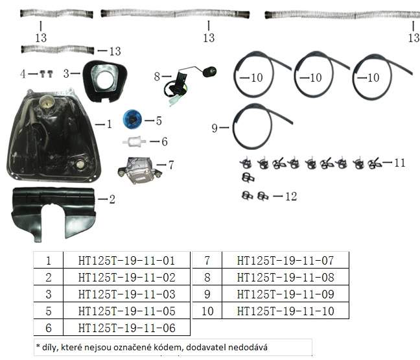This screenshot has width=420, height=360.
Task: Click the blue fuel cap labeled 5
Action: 132,119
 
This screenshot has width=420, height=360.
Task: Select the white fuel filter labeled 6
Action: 134,141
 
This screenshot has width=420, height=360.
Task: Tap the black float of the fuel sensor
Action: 209,71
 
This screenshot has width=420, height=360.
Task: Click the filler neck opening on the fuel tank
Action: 47,102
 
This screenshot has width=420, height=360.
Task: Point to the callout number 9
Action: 215,128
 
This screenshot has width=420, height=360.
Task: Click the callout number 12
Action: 291,197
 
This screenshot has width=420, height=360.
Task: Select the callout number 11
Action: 400,163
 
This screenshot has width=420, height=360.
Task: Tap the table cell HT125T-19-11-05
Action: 126,311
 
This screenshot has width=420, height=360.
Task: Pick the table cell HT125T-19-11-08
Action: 286,278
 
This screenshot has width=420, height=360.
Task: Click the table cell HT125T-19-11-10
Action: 286,311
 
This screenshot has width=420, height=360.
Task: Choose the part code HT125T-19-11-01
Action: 126,261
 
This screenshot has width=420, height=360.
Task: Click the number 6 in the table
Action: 49,328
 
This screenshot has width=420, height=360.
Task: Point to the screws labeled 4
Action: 46,74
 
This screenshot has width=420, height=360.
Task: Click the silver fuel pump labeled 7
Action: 139,170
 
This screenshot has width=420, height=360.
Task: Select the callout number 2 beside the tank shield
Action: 112,199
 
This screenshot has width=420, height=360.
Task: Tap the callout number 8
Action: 157,77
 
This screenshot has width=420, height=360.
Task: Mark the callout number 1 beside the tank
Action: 109,124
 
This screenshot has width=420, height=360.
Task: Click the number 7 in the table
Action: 207,261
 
